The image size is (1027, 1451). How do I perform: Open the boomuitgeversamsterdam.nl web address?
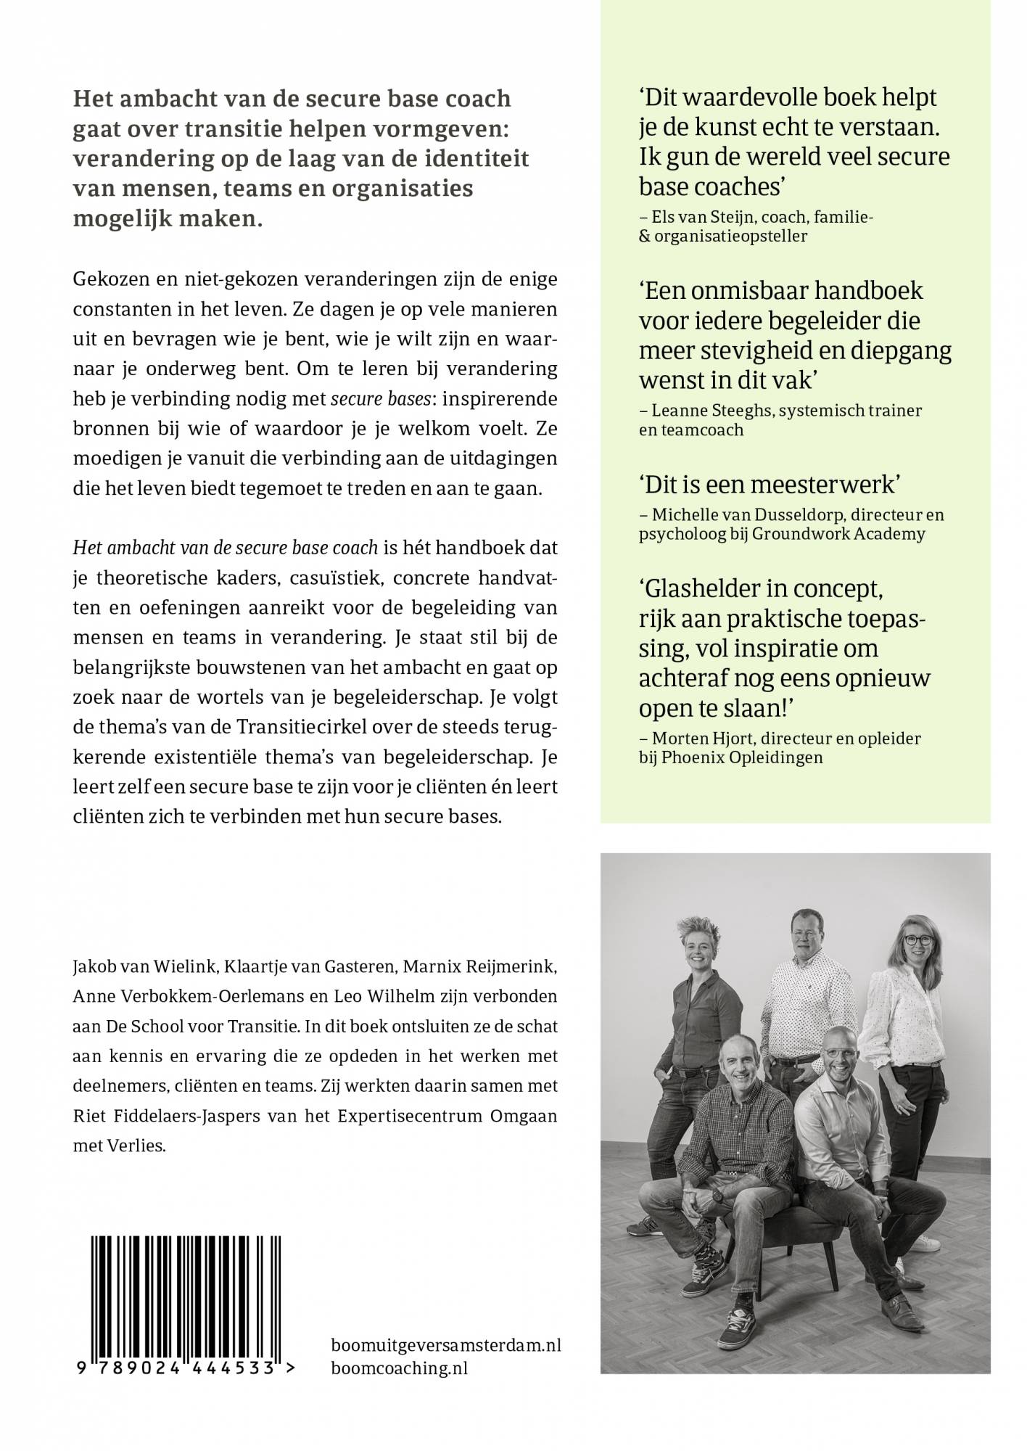tap(445, 1345)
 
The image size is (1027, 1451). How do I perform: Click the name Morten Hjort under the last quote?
tap(699, 739)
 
